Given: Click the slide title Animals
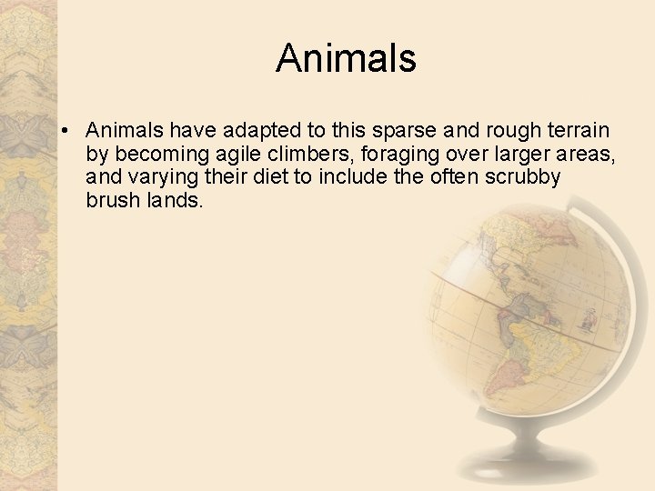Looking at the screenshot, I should [346, 58].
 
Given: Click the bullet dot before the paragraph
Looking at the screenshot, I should [67, 132].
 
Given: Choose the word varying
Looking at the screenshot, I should [161, 176].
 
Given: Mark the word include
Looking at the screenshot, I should [350, 176].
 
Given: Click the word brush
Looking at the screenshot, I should [112, 199].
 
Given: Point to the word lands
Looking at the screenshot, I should [175, 199].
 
